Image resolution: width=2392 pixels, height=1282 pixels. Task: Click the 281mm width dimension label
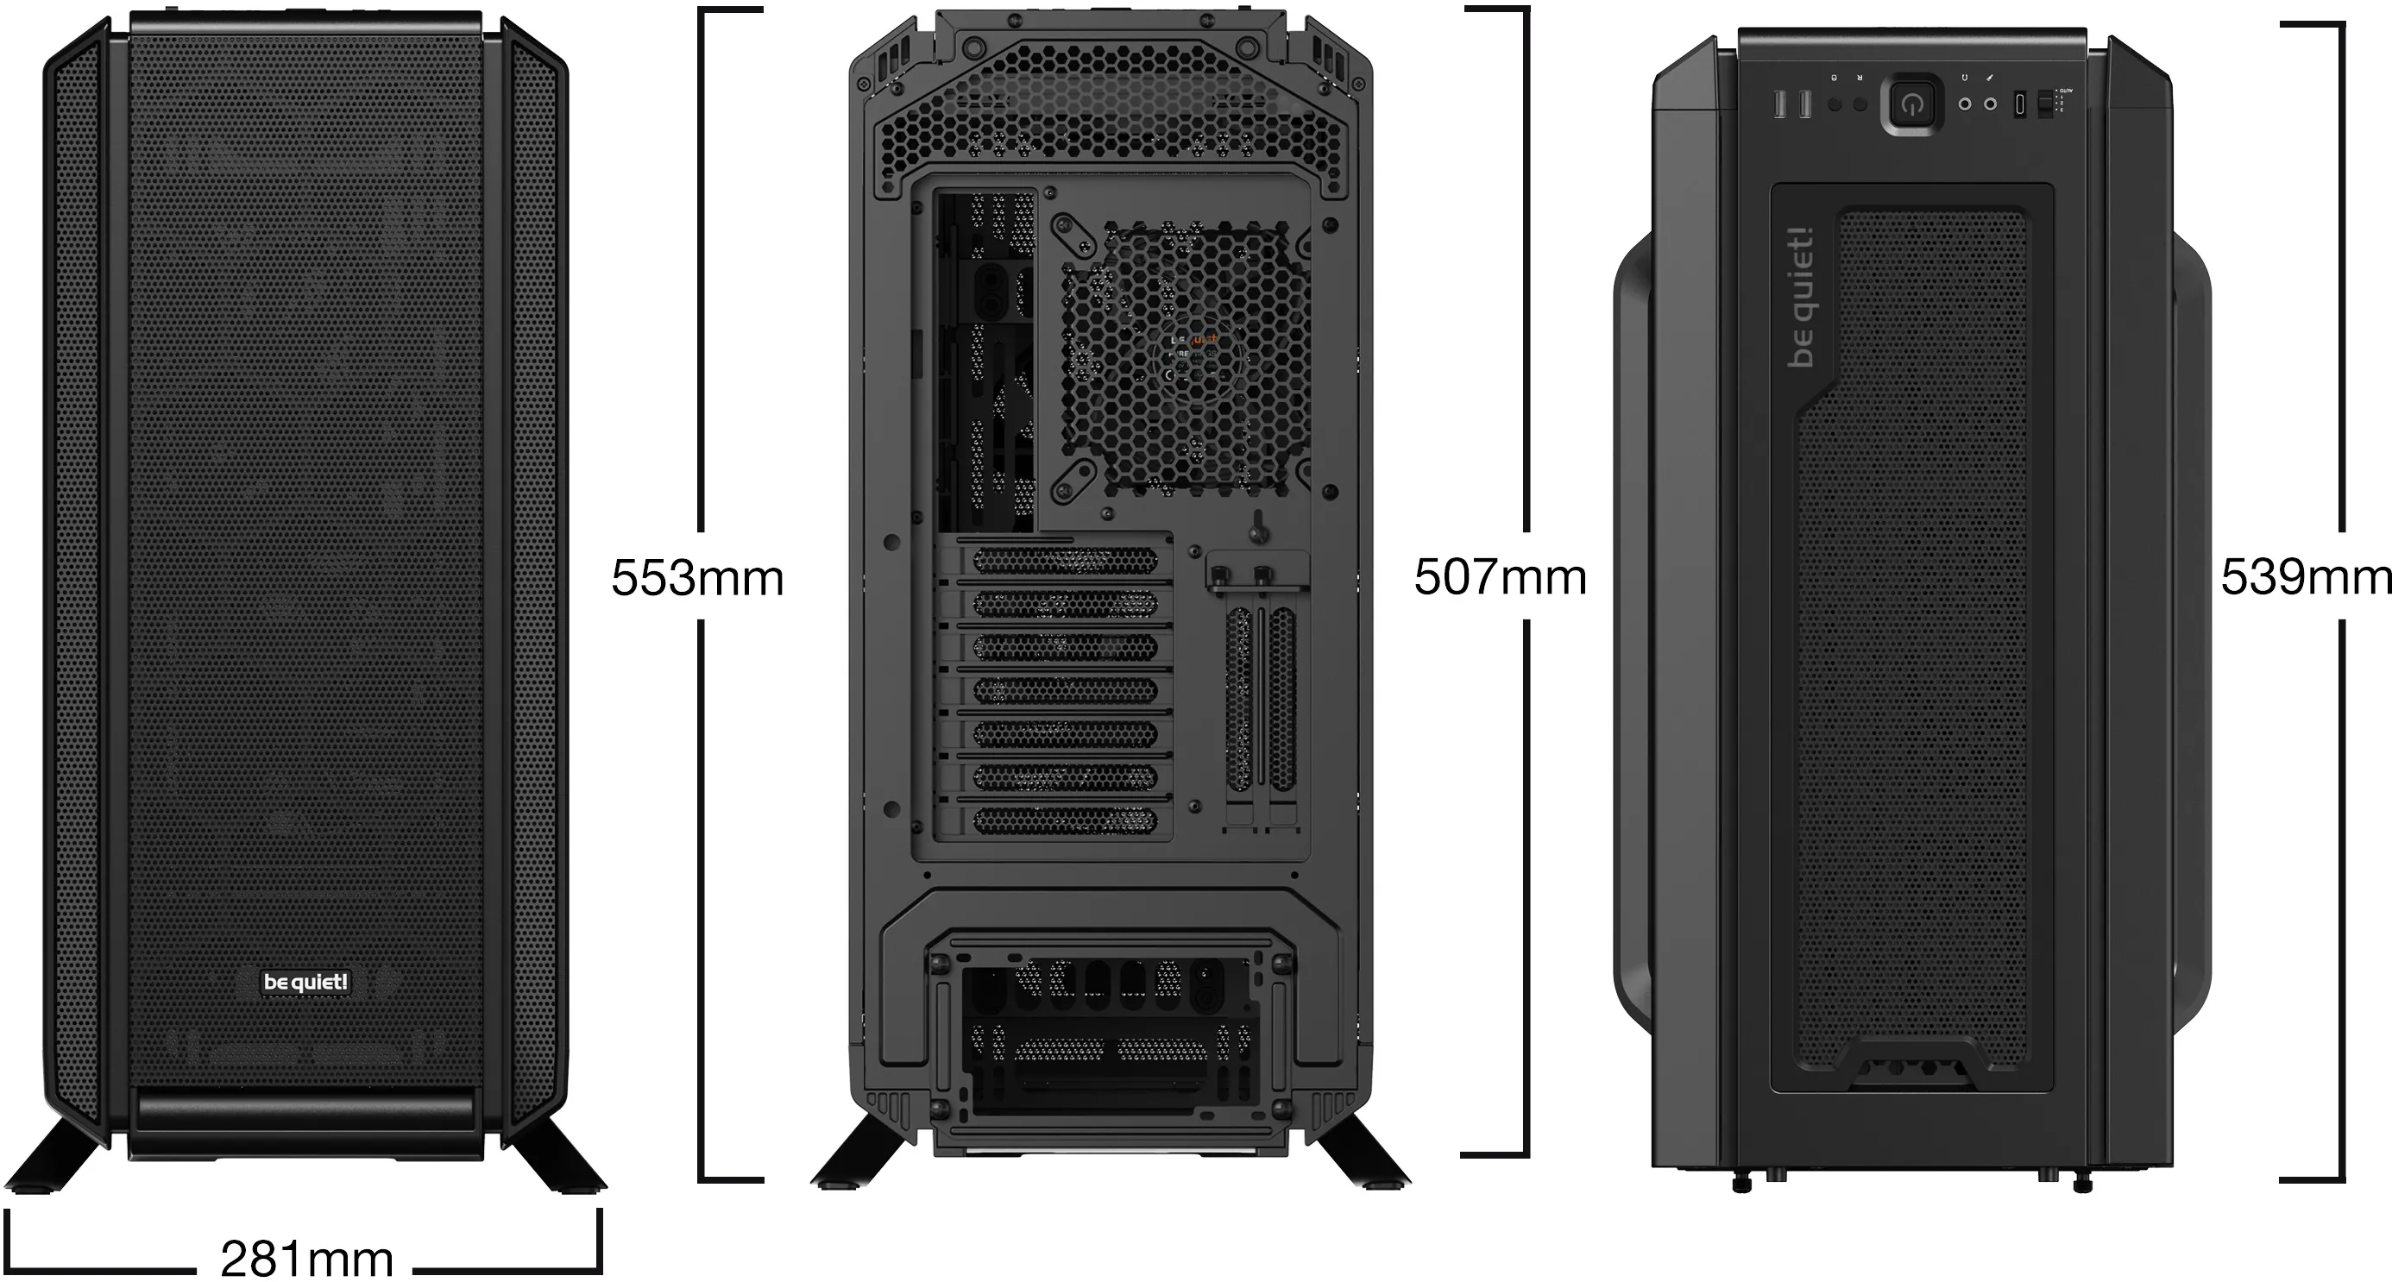coord(306,1258)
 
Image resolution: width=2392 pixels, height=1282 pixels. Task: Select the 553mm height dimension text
coord(697,577)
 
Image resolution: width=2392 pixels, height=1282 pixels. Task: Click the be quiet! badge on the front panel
coord(305,981)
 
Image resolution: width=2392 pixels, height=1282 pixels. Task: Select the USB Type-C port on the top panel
coord(2019,104)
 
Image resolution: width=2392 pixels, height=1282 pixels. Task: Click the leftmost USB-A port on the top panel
coord(1780,105)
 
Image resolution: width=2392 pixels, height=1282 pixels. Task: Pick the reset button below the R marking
coord(1860,105)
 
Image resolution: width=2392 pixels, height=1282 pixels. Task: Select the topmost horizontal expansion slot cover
coord(1065,560)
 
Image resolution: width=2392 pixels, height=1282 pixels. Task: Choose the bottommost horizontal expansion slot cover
coord(1065,820)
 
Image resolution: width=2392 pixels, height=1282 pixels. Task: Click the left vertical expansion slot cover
coord(1239,701)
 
